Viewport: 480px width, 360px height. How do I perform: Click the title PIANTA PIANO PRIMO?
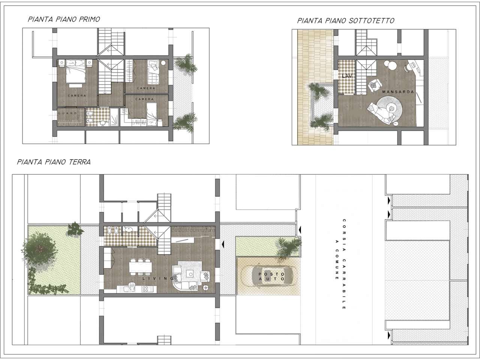coord(64,19)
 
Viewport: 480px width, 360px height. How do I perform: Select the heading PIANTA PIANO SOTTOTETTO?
coord(346,21)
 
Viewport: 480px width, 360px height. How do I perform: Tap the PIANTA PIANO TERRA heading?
coord(54,162)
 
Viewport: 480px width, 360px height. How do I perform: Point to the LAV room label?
coord(347,76)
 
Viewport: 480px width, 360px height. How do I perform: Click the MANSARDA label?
coord(398,92)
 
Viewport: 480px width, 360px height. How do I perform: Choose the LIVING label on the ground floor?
coord(158,279)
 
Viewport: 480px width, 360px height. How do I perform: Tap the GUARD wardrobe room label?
coord(67,113)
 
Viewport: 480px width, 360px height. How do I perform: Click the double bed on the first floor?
coord(75,72)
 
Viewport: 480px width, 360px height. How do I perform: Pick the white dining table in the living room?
coord(140,267)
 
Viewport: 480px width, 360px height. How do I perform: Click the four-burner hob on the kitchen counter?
coord(145,289)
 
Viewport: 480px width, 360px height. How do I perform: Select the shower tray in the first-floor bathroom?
coord(114,117)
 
